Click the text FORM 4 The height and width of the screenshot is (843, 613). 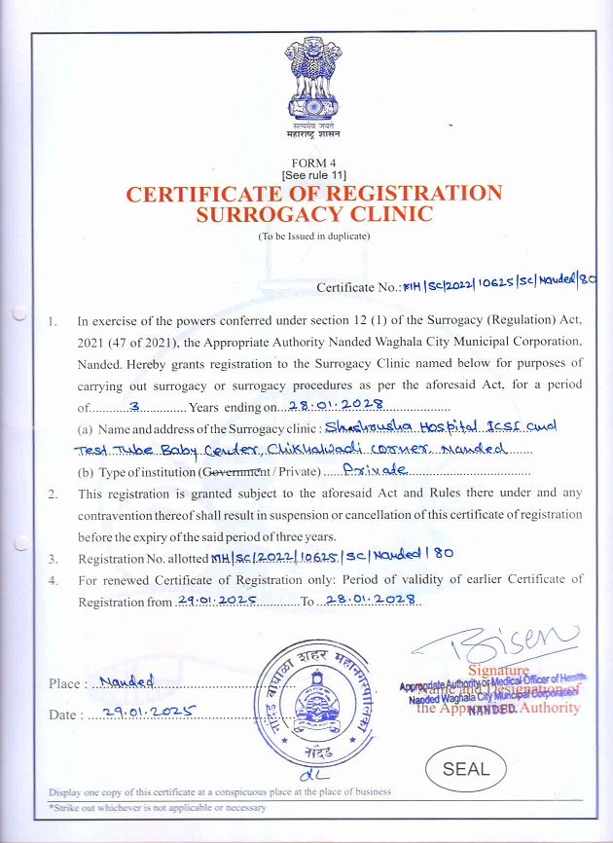click(313, 163)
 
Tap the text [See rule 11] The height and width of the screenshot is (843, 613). click(313, 174)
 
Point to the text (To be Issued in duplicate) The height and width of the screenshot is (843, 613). click(313, 236)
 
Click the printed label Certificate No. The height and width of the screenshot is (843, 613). click(359, 287)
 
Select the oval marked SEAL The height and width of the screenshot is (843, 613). click(466, 768)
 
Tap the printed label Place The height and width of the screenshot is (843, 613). click(66, 683)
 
